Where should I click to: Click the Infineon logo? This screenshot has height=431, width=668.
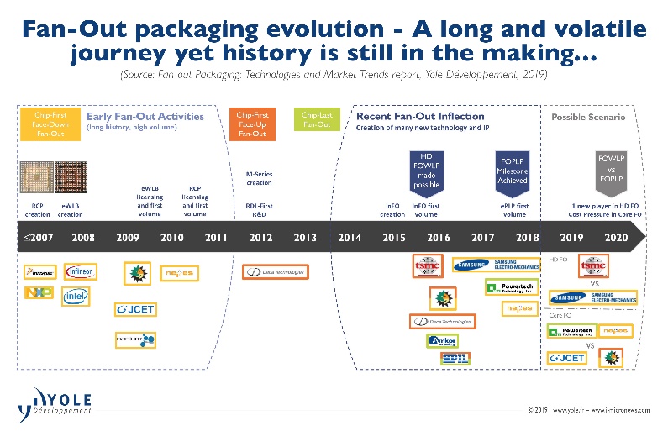pyautogui.click(x=80, y=271)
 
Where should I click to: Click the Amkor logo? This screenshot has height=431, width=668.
pyautogui.click(x=443, y=340)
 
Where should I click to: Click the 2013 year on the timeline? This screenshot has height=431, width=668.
pyautogui.click(x=305, y=238)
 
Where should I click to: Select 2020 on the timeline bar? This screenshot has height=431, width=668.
pyautogui.click(x=614, y=238)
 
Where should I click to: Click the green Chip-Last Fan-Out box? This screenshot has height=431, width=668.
pyautogui.click(x=317, y=120)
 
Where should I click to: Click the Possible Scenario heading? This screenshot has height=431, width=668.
pyautogui.click(x=588, y=118)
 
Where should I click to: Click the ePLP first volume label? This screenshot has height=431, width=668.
pyautogui.click(x=514, y=210)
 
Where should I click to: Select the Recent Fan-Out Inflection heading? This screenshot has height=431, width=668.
pyautogui.click(x=420, y=116)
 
